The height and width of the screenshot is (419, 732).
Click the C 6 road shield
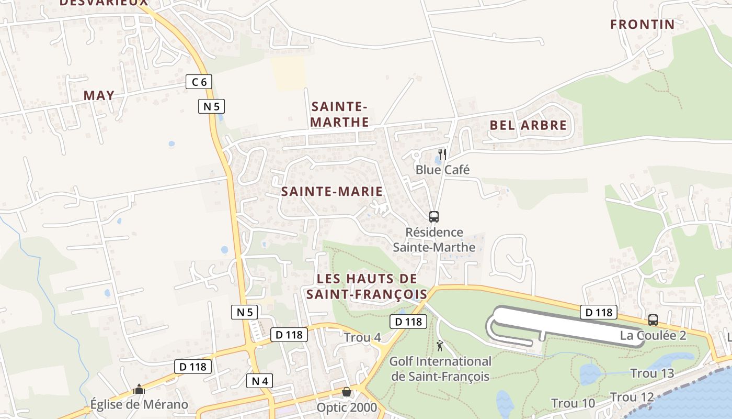[x=199, y=82]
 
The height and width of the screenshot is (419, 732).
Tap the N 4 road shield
[x=259, y=381]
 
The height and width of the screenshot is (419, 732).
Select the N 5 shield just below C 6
[x=211, y=106]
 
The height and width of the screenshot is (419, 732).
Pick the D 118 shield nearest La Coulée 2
[x=598, y=313]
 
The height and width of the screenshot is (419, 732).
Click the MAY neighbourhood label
[x=99, y=95]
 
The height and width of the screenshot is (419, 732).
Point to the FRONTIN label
[x=643, y=24]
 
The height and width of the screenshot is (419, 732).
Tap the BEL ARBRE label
[x=528, y=125]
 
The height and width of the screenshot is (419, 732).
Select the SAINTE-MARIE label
[x=332, y=192]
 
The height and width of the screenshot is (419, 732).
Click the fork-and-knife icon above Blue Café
[x=442, y=154]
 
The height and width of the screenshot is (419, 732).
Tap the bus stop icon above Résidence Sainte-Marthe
[x=433, y=216]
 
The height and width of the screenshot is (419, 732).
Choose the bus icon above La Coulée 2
[x=653, y=320]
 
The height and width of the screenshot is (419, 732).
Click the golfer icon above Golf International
[x=440, y=346]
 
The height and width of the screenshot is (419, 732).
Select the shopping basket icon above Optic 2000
[x=346, y=392]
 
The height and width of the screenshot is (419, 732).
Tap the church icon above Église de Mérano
[x=139, y=389]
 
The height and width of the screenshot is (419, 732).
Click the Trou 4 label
[x=362, y=338]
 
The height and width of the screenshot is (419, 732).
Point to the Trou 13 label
[x=652, y=373]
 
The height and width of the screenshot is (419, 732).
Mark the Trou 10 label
[x=573, y=403]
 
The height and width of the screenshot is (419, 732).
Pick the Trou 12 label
[x=632, y=397]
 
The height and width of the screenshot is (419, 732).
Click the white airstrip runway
[x=570, y=325]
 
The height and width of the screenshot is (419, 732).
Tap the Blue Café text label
[x=442, y=170]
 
